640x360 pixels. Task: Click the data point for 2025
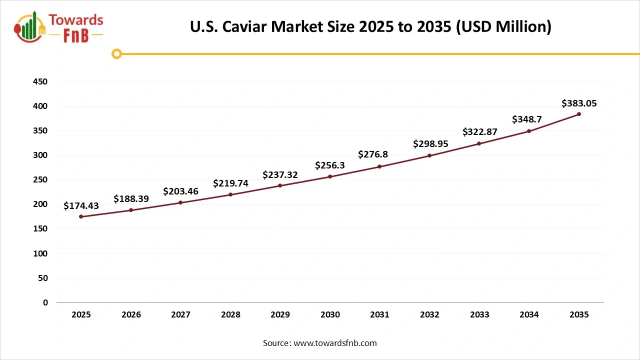point(81,216)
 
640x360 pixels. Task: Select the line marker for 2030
point(330,176)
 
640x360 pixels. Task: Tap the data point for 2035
point(579,114)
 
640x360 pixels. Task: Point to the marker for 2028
point(230,194)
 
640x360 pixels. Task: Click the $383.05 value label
point(579,103)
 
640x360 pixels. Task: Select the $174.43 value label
point(81,206)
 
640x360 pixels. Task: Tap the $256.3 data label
point(330,165)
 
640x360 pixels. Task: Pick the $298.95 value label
point(430,144)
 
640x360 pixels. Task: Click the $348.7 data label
point(529,120)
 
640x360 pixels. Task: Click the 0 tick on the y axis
point(45,302)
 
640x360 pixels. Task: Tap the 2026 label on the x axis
point(131,314)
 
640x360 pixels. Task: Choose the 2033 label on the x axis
point(479,314)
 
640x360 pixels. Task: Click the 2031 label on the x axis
point(380,314)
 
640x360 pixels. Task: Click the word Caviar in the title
point(243,26)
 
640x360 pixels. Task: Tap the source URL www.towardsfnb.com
point(335,343)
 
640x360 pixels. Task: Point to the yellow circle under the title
point(116,53)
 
